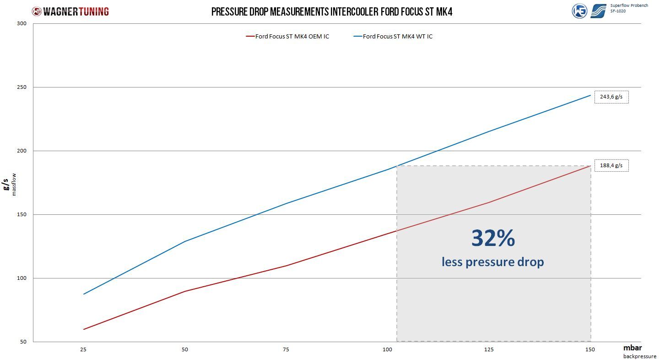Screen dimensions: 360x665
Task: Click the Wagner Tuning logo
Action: (x=70, y=11)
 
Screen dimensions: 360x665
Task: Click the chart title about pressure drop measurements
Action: (x=332, y=12)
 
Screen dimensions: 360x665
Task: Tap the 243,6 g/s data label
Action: (x=611, y=97)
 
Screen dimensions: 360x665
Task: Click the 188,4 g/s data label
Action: (x=611, y=166)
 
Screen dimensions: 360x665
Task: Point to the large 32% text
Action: (x=493, y=238)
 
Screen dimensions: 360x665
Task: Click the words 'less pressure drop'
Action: (x=492, y=262)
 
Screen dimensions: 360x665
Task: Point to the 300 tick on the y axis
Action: (x=22, y=23)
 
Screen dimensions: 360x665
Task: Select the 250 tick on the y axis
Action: (x=22, y=87)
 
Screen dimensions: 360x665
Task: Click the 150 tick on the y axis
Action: (x=22, y=214)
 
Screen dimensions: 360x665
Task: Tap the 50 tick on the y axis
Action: (x=23, y=342)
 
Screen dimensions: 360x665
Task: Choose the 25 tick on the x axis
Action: (x=83, y=350)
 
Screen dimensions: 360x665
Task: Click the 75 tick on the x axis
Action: (x=286, y=350)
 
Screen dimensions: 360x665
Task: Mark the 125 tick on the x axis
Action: (x=489, y=350)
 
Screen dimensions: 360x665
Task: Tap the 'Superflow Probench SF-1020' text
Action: (x=629, y=8)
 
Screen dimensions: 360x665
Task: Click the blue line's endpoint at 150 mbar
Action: (x=590, y=95)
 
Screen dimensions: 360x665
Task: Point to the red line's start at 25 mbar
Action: (x=84, y=329)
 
